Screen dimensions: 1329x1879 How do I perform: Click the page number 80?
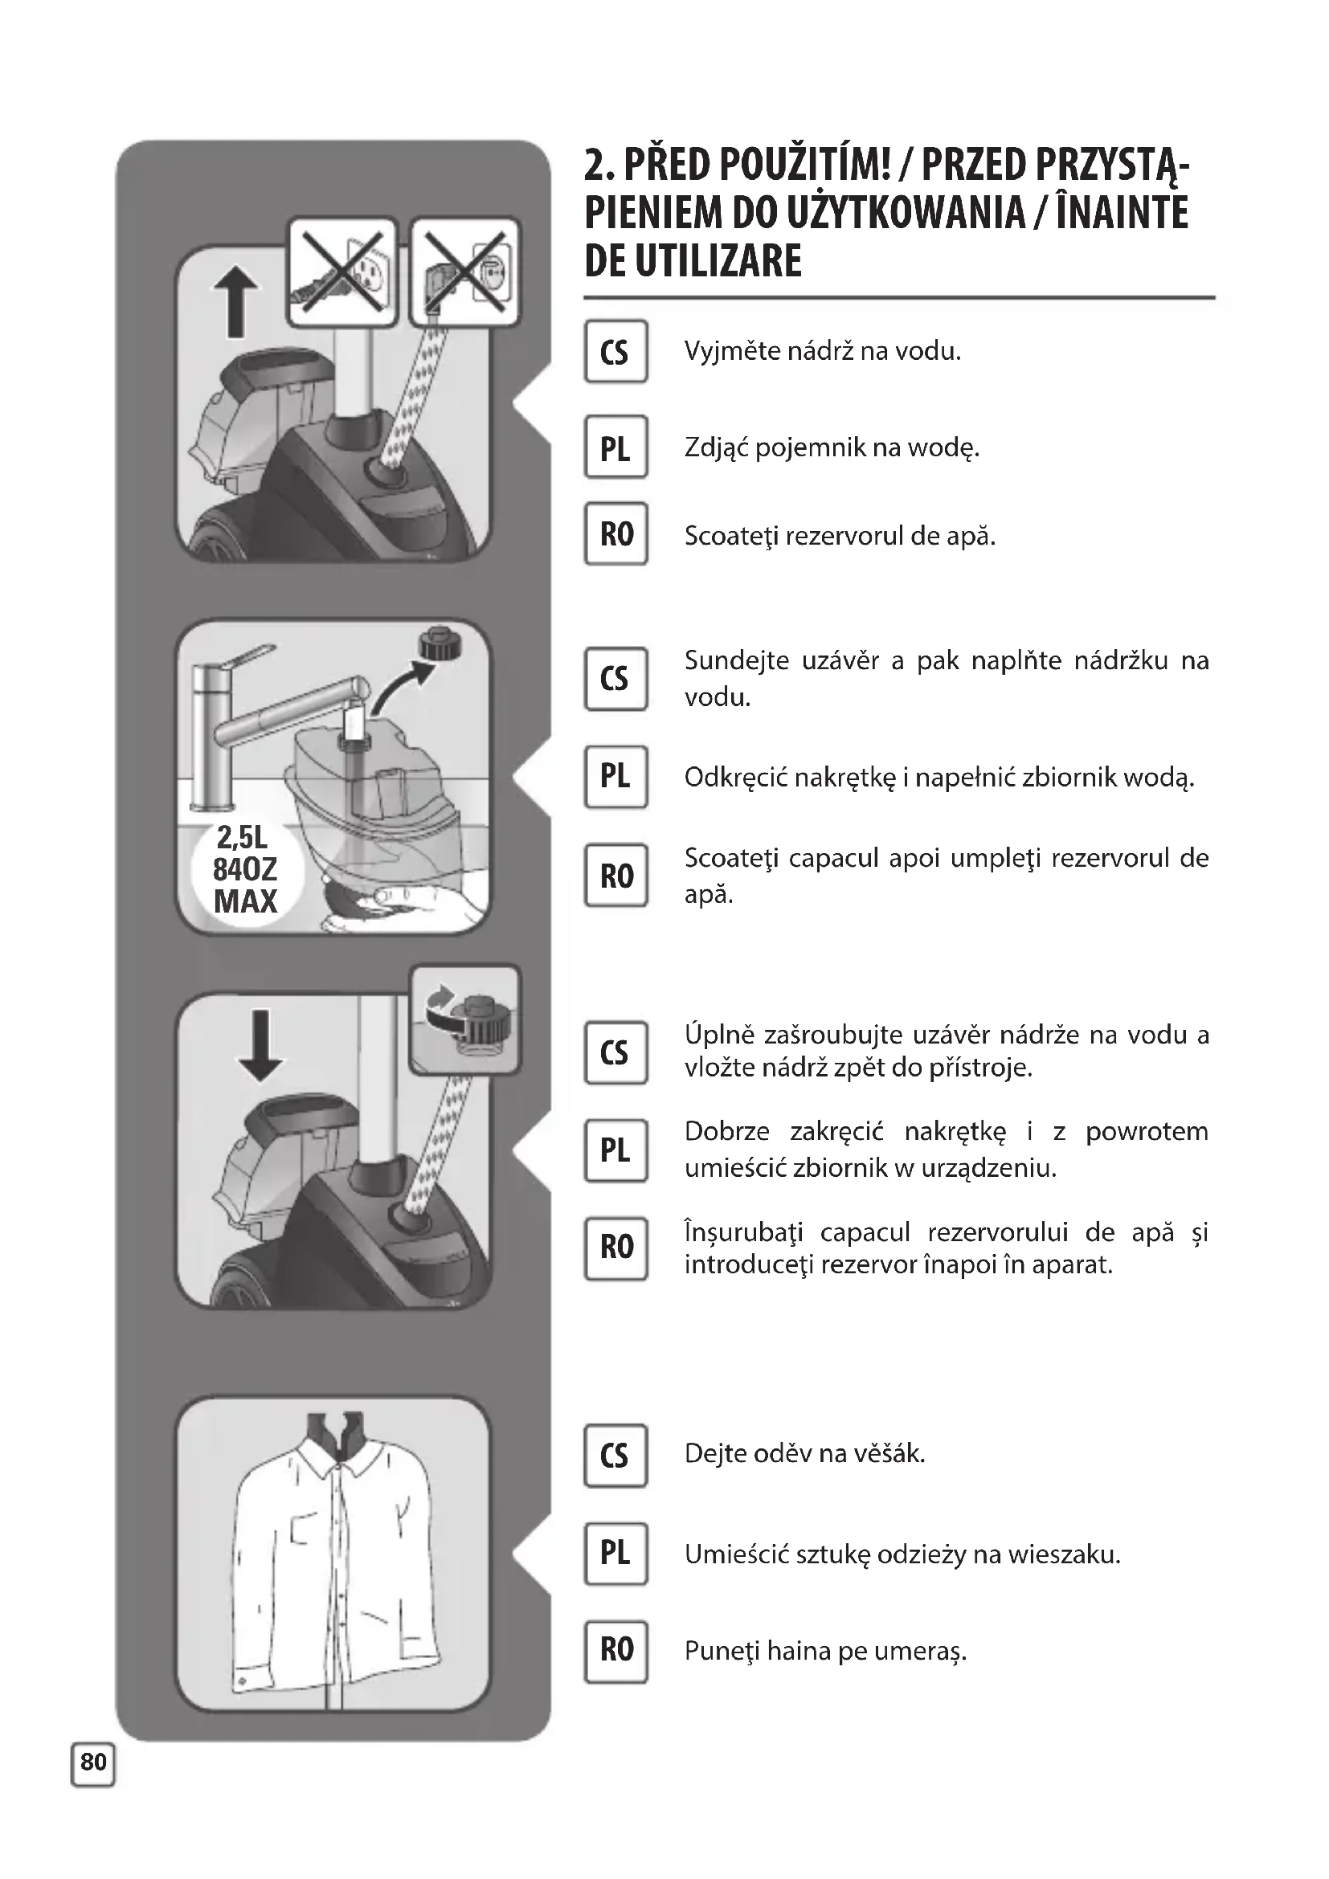click(x=93, y=1760)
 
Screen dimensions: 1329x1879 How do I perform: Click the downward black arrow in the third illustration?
click(x=260, y=1045)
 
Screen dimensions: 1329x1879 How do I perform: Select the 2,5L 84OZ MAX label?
click(x=246, y=869)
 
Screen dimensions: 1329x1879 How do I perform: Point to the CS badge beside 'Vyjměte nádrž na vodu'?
click(x=615, y=351)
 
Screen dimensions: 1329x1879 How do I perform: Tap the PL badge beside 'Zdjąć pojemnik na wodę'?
click(x=615, y=447)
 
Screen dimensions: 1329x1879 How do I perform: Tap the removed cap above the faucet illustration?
click(x=440, y=644)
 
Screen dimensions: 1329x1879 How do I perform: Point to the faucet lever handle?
click(x=246, y=657)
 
